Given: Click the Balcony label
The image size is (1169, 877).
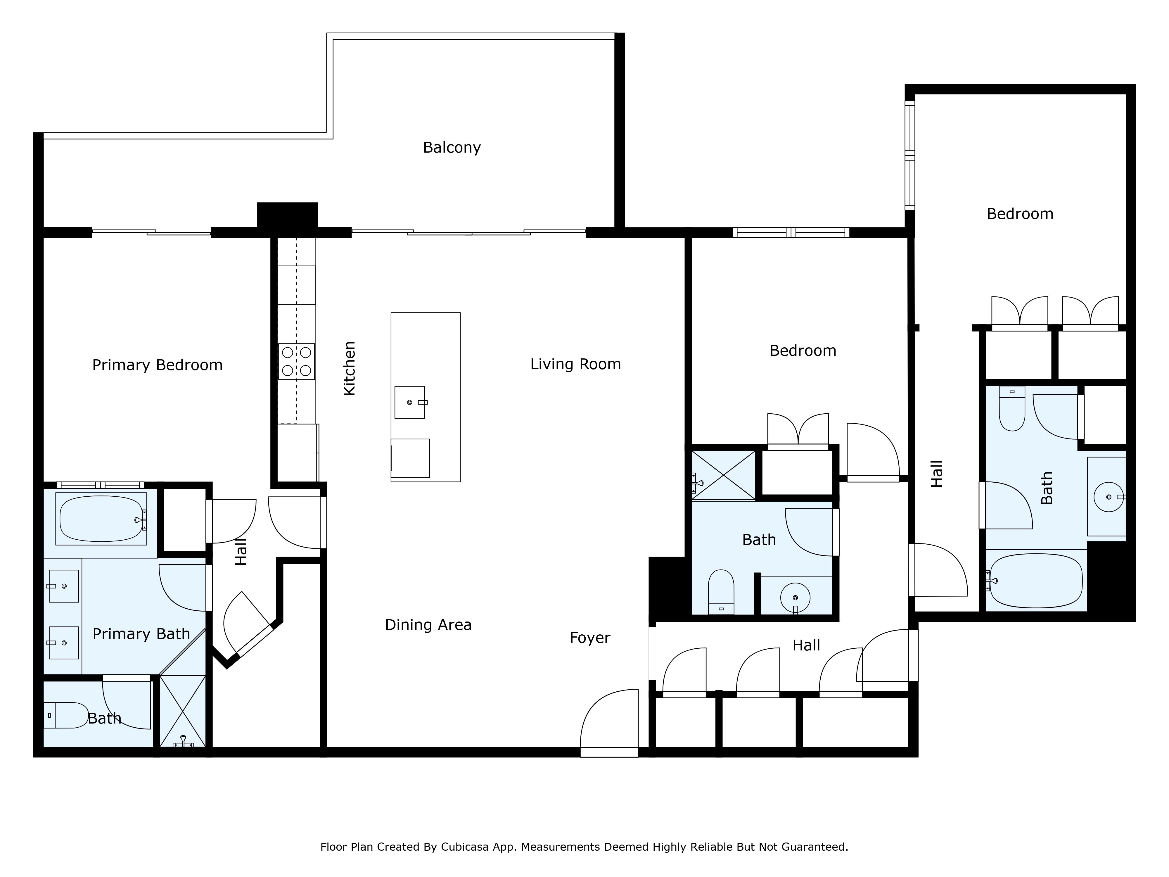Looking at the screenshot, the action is point(452,148).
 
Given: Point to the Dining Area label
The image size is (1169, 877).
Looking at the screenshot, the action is point(428,625).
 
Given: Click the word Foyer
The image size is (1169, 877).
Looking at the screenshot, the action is point(590,638).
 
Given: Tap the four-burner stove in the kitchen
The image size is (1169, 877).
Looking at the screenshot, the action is point(296,362).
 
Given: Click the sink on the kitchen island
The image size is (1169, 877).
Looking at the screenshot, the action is point(409,402).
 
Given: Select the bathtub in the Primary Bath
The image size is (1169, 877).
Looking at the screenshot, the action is point(101,519).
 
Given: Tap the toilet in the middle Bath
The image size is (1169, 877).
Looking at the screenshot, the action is point(721,592).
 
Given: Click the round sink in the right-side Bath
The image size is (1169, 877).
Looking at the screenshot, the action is point(1108,497).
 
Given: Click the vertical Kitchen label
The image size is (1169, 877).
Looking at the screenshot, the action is point(349,368).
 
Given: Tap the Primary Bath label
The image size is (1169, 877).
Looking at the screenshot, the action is point(141,634).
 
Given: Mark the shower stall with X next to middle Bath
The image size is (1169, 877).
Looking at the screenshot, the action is point(724,475).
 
